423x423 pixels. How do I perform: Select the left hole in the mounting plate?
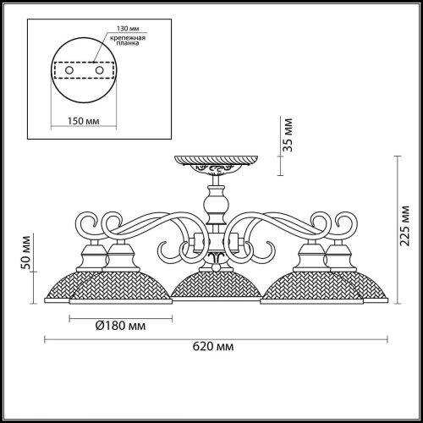click(58, 70)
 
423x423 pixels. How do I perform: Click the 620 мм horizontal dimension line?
click(211, 338)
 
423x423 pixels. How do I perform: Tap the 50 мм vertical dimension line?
click(35, 250)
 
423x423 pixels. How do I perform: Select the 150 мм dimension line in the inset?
click(82, 111)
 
